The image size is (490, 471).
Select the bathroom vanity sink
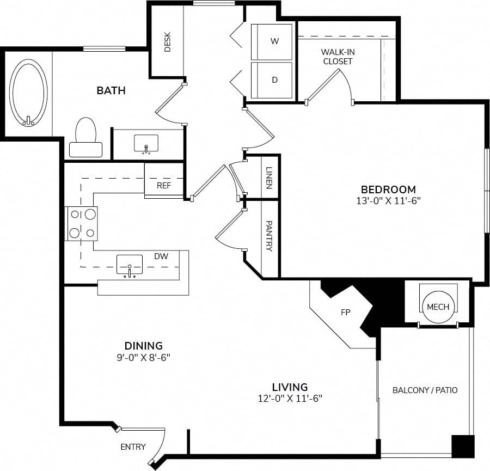tap(146, 144)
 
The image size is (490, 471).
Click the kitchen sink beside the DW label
tap(130, 266)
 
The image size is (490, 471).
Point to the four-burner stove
tap(81, 223)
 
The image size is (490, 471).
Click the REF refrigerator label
tap(164, 186)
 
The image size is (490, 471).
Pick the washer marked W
tap(272, 41)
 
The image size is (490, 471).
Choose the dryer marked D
tap(272, 80)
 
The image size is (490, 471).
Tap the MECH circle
tap(438, 307)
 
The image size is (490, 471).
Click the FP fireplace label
tap(346, 312)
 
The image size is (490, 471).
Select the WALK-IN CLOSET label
tap(338, 57)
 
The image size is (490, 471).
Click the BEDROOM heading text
tap(388, 189)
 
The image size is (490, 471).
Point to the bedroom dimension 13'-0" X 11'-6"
tap(388, 201)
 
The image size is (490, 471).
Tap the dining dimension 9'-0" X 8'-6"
tap(143, 357)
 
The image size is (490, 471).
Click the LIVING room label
tap(290, 387)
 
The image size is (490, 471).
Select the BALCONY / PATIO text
tap(425, 390)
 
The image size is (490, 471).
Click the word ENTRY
tap(133, 447)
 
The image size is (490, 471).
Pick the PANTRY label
tap(269, 236)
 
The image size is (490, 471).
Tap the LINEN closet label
tap(269, 178)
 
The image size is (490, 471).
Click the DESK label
tap(168, 42)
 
